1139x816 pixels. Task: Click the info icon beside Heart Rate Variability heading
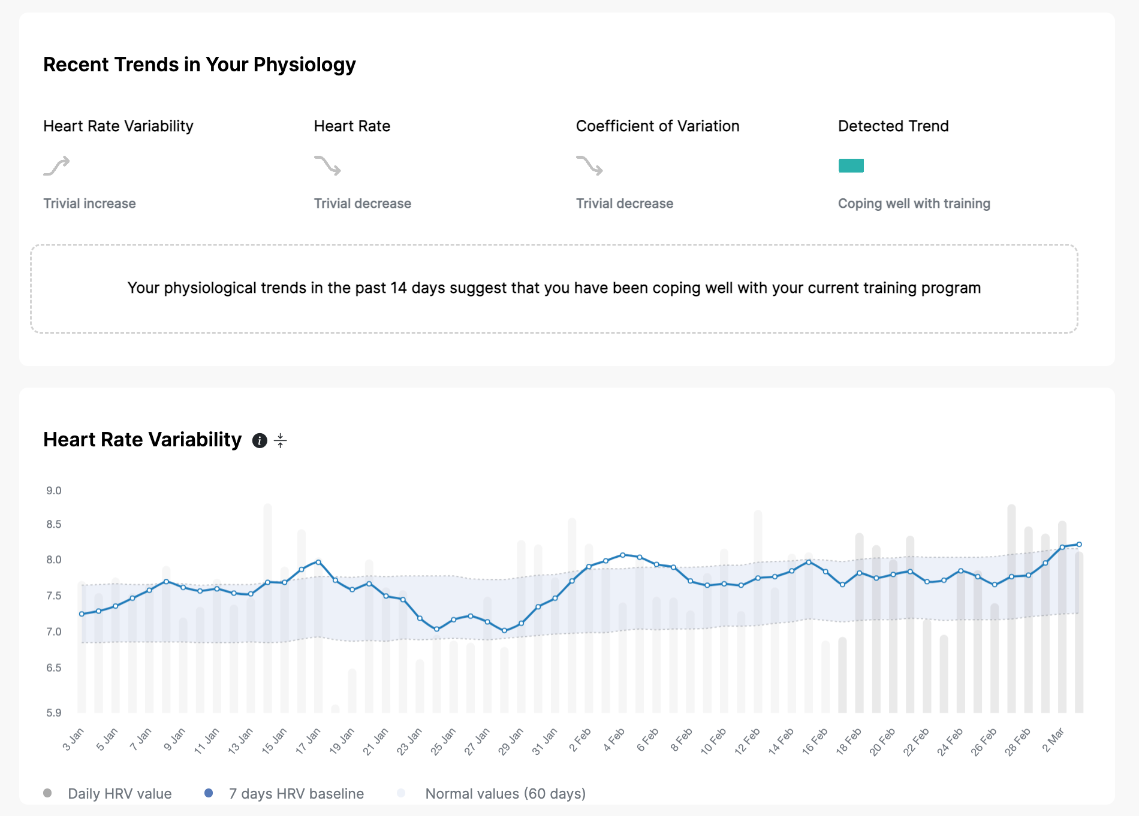coord(260,441)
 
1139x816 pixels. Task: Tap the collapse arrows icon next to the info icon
coord(280,441)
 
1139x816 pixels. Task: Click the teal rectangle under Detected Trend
coord(851,165)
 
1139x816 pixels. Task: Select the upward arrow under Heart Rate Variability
coord(56,165)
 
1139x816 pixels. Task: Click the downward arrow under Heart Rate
coord(327,165)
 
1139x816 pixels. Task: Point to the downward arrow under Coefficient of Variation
coord(589,165)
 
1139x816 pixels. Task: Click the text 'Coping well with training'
coord(914,204)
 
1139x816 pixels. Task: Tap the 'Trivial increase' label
coord(89,204)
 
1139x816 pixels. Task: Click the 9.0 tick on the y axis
coord(54,491)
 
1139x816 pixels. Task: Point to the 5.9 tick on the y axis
coord(54,712)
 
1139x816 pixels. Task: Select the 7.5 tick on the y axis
coord(54,596)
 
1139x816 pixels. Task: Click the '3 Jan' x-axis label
coord(73,739)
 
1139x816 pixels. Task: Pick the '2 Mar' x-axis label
coord(1053,739)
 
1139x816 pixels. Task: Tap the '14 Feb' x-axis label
coord(781,741)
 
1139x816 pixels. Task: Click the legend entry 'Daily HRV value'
coord(119,794)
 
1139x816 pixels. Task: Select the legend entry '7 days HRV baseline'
coord(296,794)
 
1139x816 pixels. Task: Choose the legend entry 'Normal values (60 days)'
coord(505,794)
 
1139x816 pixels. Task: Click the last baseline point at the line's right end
coord(1079,545)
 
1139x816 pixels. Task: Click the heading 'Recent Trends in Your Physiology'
coord(200,65)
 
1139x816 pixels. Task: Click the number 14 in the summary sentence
coord(399,288)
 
